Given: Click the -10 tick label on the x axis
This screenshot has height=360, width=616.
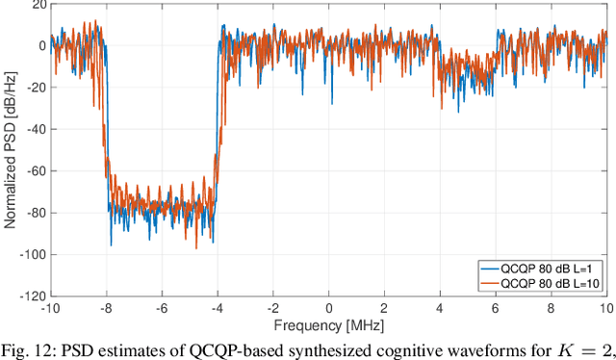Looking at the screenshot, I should pos(51,309).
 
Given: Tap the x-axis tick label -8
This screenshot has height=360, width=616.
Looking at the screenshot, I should pos(107,309).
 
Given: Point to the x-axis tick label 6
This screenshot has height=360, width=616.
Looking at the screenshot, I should pos(495,309).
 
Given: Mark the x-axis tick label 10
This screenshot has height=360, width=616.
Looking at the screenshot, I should pos(604,309).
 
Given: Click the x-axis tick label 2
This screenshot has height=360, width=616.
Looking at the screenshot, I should pos(384,309).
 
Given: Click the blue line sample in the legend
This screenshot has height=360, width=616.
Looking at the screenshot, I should pos(491,269).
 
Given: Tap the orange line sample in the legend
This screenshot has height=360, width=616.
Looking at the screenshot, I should pos(491,283).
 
